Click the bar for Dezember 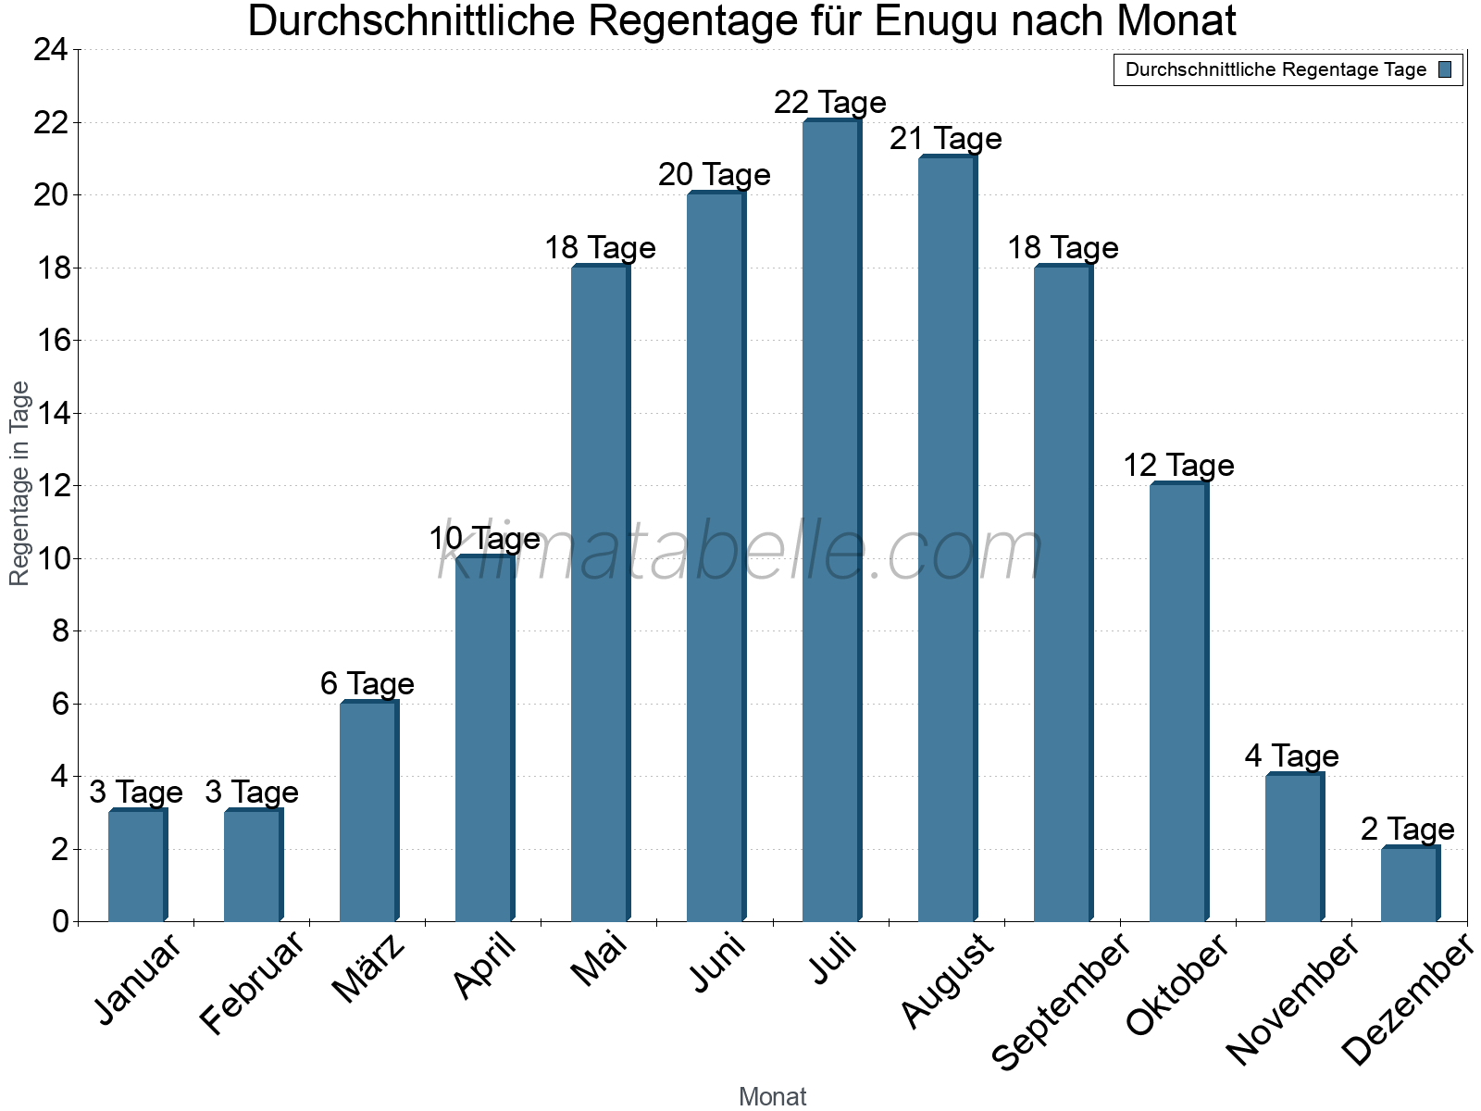(x=1409, y=884)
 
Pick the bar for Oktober (x=1177, y=703)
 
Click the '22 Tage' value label (x=830, y=102)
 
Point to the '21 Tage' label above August (x=946, y=139)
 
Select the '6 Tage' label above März (x=367, y=684)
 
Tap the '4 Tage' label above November (x=1292, y=756)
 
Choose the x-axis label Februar (x=253, y=983)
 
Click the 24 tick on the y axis (x=51, y=50)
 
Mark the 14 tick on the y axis (x=51, y=413)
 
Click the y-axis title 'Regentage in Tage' (x=19, y=483)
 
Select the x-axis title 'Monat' (x=773, y=1096)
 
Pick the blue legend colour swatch (x=1446, y=69)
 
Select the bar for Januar (x=136, y=866)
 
